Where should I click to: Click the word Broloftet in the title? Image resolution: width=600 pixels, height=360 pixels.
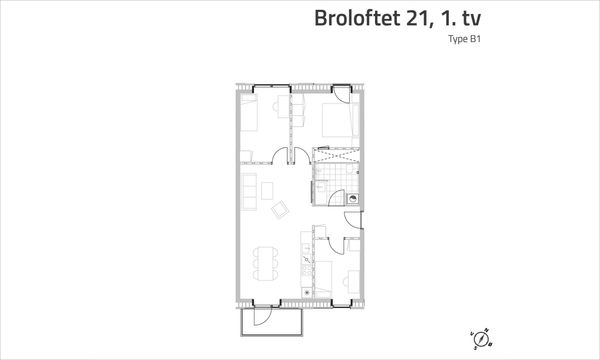(358, 18)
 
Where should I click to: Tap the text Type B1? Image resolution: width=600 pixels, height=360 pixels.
(465, 39)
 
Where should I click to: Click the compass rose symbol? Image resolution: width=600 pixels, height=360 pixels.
(481, 339)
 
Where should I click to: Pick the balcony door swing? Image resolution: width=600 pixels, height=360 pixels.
(262, 316)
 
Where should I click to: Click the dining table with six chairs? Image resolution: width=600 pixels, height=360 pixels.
(266, 264)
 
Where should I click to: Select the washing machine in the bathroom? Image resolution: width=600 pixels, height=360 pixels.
(353, 199)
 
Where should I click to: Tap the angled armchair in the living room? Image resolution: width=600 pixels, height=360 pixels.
(280, 209)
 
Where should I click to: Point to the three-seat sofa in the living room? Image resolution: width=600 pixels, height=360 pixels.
(249, 191)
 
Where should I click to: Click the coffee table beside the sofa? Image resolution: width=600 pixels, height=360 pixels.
(267, 191)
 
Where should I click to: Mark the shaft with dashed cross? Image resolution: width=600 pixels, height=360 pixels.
(336, 155)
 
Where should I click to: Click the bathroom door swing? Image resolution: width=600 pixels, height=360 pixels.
(336, 198)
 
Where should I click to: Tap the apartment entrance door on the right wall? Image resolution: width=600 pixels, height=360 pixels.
(353, 220)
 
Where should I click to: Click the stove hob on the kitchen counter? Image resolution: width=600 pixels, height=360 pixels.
(306, 270)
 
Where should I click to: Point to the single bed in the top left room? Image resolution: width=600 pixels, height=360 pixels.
(249, 113)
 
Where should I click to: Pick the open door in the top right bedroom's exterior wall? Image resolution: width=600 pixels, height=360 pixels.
(341, 95)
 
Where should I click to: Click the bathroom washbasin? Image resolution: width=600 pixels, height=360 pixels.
(321, 186)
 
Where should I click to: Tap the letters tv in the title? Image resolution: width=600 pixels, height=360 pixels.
(471, 19)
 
